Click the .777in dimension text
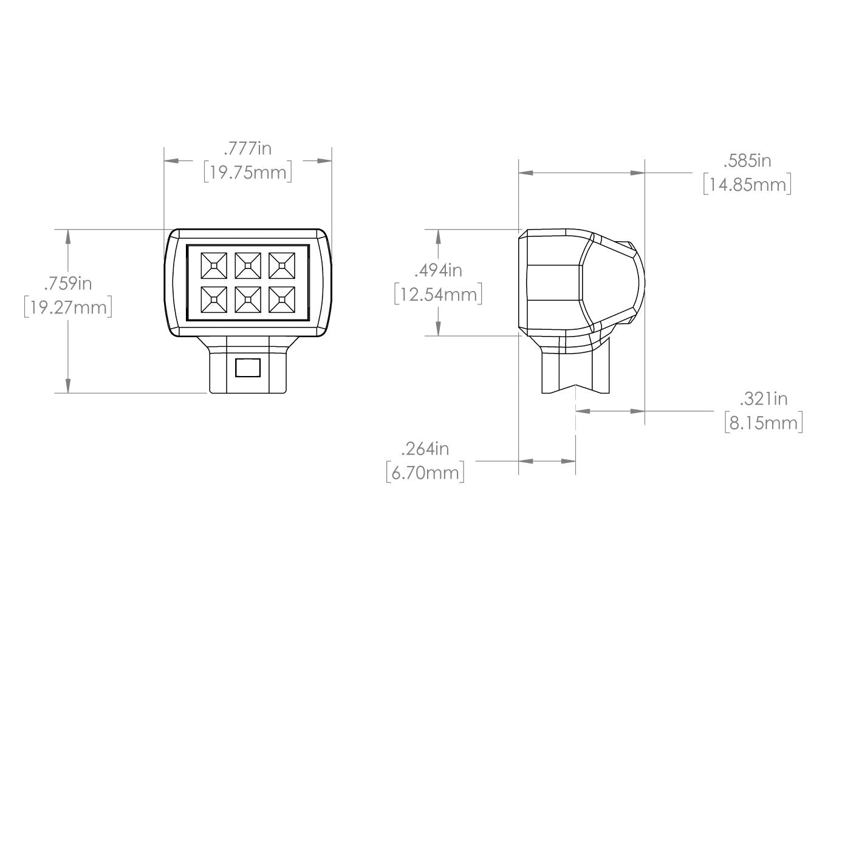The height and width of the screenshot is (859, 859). tap(247, 148)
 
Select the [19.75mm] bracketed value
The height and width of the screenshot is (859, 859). tap(247, 173)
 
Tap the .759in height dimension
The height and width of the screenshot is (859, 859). tap(68, 283)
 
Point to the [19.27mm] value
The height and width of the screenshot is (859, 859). tap(68, 307)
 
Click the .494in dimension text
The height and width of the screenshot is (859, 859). tap(438, 270)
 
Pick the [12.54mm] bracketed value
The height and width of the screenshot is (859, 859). tap(438, 295)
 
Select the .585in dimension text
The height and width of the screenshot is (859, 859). tap(747, 160)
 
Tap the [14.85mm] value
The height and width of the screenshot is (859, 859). tap(747, 185)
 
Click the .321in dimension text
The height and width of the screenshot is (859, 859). tap(763, 399)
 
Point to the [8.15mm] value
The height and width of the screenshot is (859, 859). tap(763, 423)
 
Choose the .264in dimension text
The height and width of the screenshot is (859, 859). tap(425, 448)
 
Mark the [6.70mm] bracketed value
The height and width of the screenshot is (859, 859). tap(425, 473)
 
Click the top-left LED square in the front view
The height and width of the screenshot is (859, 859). tap(212, 265)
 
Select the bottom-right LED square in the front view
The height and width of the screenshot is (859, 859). tap(280, 299)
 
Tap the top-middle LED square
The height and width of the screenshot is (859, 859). tap(246, 265)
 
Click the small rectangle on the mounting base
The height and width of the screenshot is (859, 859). tap(248, 367)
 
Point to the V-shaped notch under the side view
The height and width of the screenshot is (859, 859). tap(576, 386)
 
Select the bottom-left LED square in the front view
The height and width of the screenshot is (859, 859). tap(212, 299)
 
